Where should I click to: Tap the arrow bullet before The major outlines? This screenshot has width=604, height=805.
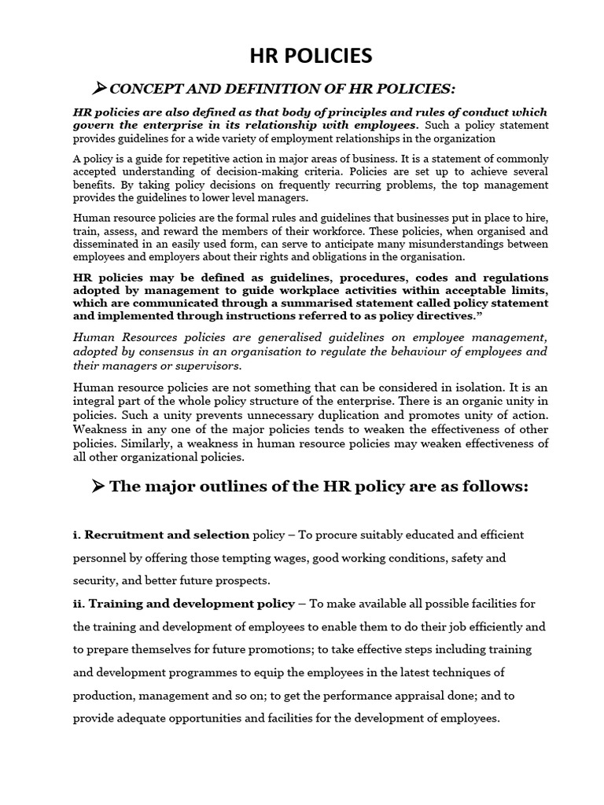(98, 486)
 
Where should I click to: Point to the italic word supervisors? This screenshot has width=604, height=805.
(212, 366)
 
